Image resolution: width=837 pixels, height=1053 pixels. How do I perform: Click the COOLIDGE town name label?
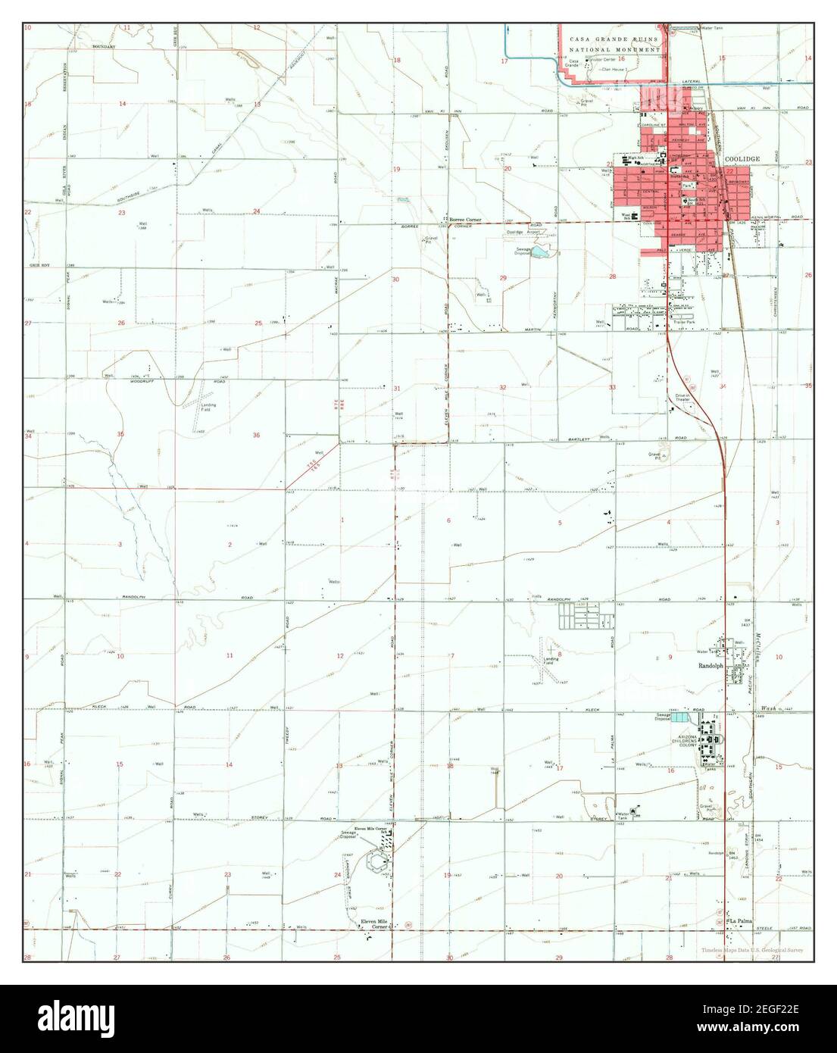(x=741, y=160)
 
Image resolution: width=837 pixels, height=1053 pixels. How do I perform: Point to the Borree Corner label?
(x=465, y=220)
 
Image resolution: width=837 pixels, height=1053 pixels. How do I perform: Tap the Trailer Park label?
(x=685, y=323)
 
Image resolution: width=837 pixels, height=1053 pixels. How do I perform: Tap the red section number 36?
(x=256, y=435)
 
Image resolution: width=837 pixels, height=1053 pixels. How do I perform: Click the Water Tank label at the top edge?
(x=714, y=29)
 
